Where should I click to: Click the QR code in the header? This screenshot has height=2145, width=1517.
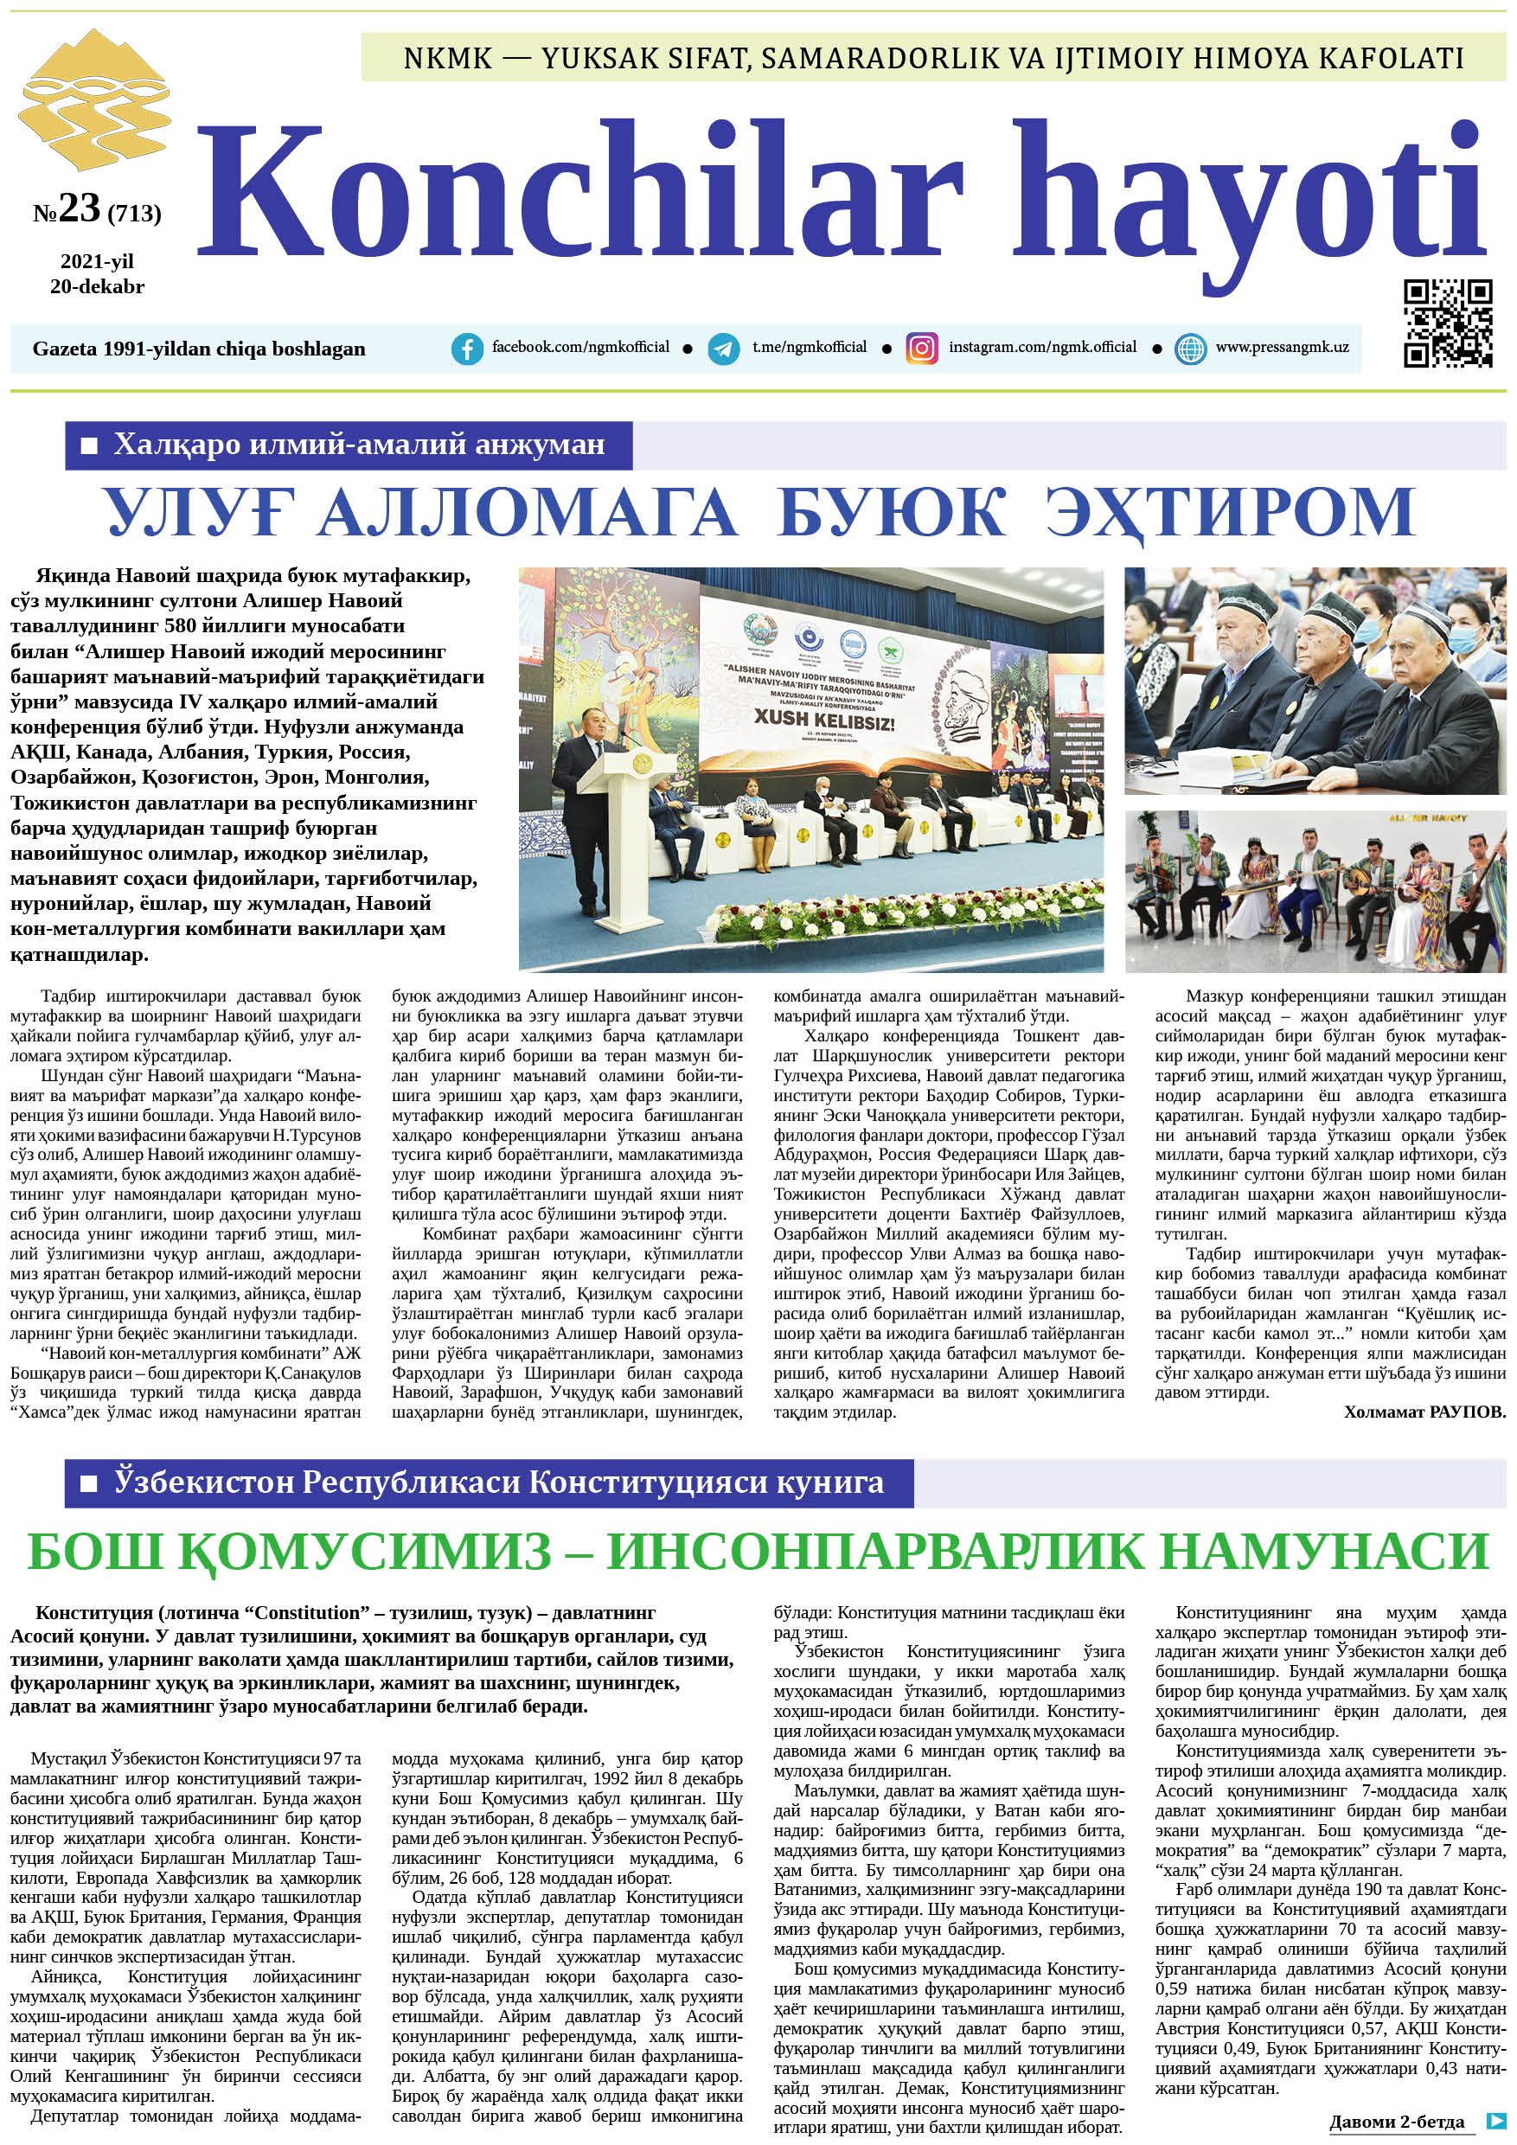[x=1447, y=323]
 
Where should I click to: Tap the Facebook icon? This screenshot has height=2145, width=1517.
[x=466, y=349]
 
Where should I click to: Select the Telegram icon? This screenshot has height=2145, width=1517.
[x=723, y=349]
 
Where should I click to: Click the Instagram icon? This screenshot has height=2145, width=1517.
[x=921, y=349]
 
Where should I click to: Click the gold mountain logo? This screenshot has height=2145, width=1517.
[x=93, y=98]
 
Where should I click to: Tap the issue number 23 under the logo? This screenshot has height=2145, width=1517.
[x=79, y=208]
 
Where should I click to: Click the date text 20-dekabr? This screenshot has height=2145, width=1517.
[x=97, y=287]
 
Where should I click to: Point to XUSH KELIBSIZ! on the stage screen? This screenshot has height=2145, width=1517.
[x=824, y=721]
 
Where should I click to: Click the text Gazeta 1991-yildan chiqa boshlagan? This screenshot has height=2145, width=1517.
[x=198, y=349]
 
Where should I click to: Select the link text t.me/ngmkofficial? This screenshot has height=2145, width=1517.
[x=809, y=348]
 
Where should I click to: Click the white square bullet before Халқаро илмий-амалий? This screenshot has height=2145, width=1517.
[x=90, y=445]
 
